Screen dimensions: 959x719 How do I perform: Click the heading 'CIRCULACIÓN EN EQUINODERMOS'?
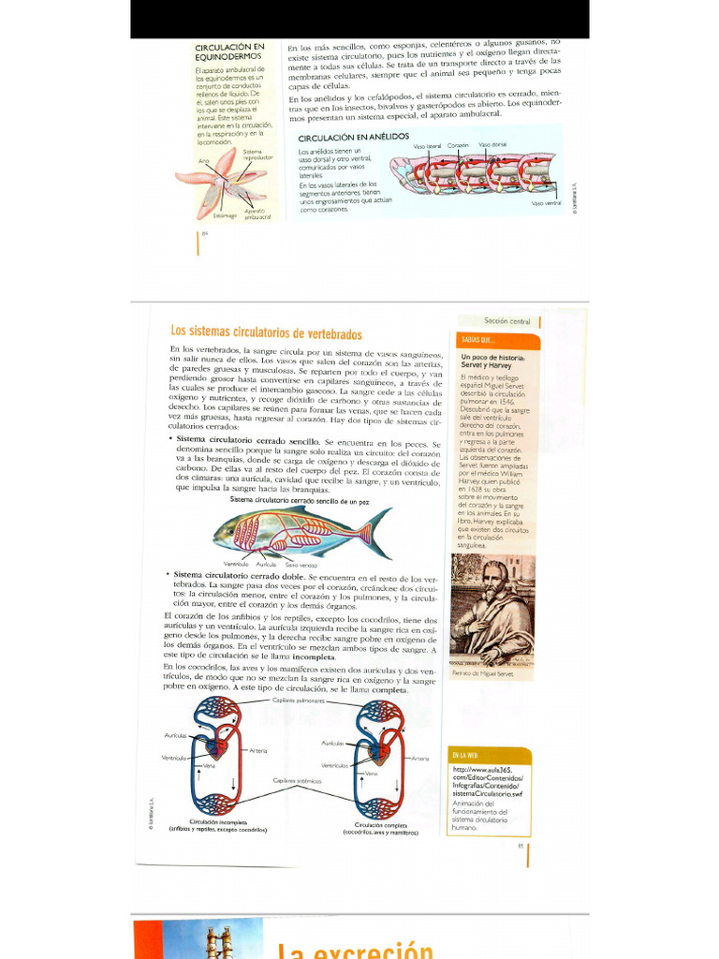(x=229, y=52)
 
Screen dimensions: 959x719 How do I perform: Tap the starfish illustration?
(x=222, y=182)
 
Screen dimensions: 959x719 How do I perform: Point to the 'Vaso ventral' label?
(x=546, y=203)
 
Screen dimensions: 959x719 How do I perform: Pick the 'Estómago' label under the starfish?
(x=225, y=215)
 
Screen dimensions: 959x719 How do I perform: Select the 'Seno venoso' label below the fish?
(x=301, y=565)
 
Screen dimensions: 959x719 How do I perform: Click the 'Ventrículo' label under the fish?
(x=236, y=565)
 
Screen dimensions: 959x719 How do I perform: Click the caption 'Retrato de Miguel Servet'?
(x=483, y=673)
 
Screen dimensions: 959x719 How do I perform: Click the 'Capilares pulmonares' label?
(x=299, y=701)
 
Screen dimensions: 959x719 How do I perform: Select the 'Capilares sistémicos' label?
(x=298, y=780)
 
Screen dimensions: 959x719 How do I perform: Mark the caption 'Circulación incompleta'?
(x=217, y=821)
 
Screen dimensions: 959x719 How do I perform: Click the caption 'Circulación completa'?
(x=379, y=824)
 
